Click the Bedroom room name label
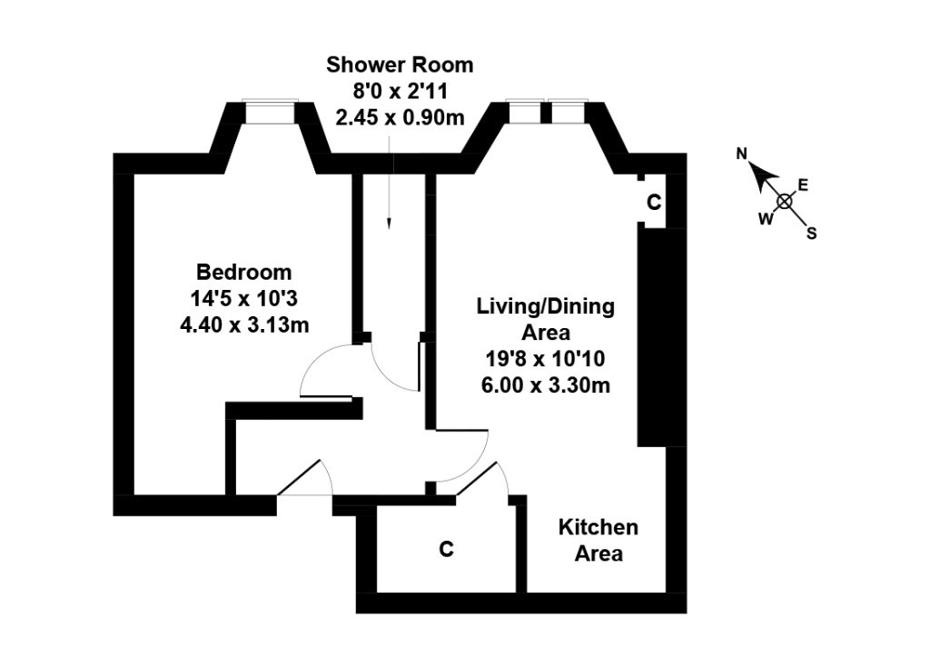point(243,273)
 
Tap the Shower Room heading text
point(400,65)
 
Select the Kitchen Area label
point(599,540)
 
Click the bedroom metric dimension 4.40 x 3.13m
point(244,324)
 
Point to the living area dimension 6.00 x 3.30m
point(546,385)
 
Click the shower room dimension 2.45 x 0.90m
point(400,117)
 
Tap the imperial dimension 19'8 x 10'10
point(546,358)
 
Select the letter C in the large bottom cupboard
point(446,549)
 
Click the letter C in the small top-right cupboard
point(654,203)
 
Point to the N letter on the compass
point(741,155)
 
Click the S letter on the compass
point(811,234)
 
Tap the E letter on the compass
point(803,185)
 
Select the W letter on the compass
point(766,219)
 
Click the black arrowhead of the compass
point(764,175)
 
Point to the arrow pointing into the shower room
point(389,183)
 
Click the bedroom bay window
point(271,112)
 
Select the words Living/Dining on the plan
point(546,307)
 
